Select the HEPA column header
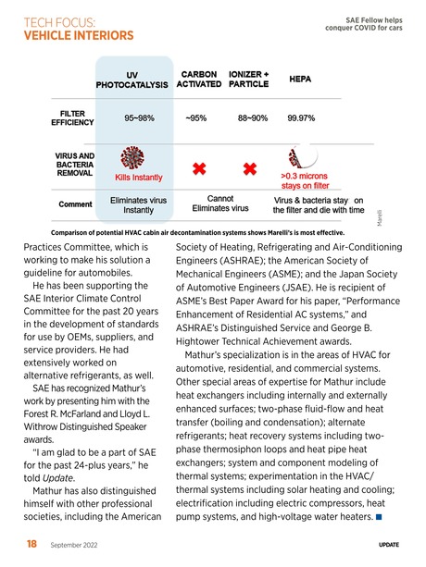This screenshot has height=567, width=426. [x=300, y=80]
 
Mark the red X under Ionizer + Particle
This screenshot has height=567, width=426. [x=248, y=169]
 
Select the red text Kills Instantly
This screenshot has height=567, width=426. [x=138, y=177]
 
